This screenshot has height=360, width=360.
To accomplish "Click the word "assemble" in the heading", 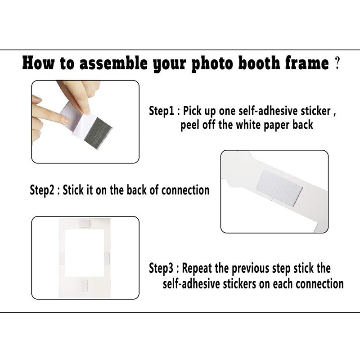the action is coord(113,63).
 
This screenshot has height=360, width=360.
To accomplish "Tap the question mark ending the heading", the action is coord(337,63).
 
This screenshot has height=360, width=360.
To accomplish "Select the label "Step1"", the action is coord(162,111).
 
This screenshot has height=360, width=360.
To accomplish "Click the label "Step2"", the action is coord(42,190).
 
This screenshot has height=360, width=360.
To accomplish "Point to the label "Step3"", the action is coord(161,268).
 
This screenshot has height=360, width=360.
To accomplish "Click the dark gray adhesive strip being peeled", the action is coord(98,133).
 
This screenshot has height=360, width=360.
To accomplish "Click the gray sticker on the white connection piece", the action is coord(279,188).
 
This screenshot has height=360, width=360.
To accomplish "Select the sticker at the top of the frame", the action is coord(85,223).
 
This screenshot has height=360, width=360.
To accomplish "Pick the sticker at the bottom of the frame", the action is coord(85,286).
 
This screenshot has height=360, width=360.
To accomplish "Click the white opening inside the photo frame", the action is coord(85,252).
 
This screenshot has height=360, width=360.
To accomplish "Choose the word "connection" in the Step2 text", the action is coord(185,190).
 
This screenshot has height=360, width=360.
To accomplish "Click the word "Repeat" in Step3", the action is coord(197,268).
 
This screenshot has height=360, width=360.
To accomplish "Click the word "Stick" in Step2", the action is coord(73,190).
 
